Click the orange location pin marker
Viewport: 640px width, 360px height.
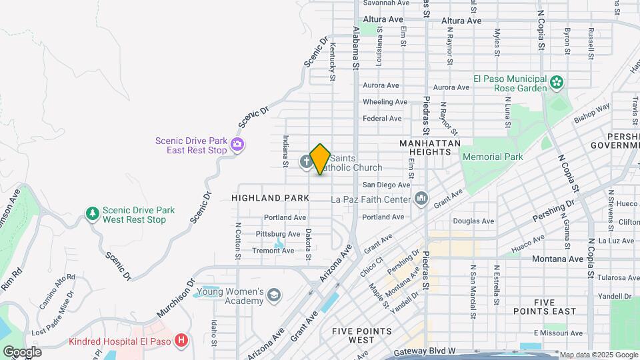[x=320, y=159]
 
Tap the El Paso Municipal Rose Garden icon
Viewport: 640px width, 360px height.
[x=557, y=83]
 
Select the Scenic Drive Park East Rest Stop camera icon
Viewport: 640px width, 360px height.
[x=237, y=144]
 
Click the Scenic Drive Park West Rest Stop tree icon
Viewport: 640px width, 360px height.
[x=93, y=214]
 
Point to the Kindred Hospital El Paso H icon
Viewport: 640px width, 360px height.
[x=181, y=341]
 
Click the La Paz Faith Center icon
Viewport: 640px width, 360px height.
[x=421, y=199]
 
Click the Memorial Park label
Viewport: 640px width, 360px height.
[x=492, y=157]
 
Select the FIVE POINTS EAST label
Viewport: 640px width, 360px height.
[x=554, y=307]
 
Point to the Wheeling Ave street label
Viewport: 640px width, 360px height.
[x=385, y=102]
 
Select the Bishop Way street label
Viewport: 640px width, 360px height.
[x=593, y=113]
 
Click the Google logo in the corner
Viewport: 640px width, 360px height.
[x=22, y=351]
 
